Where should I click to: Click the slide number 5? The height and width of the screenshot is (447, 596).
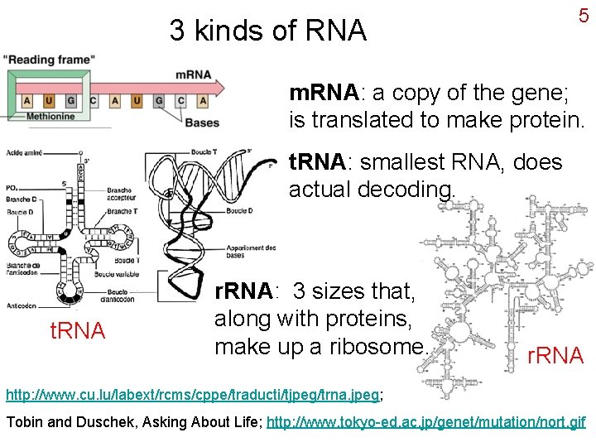[583, 17]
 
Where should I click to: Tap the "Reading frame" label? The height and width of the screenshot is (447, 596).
[49, 60]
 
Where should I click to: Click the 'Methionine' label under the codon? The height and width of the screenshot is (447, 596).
[50, 117]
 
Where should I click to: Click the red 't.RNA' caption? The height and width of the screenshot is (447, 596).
[78, 331]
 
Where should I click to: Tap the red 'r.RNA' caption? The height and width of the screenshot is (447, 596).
[556, 355]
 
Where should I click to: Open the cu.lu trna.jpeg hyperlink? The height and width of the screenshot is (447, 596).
[193, 389]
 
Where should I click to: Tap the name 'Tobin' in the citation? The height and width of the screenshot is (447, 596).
[25, 421]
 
